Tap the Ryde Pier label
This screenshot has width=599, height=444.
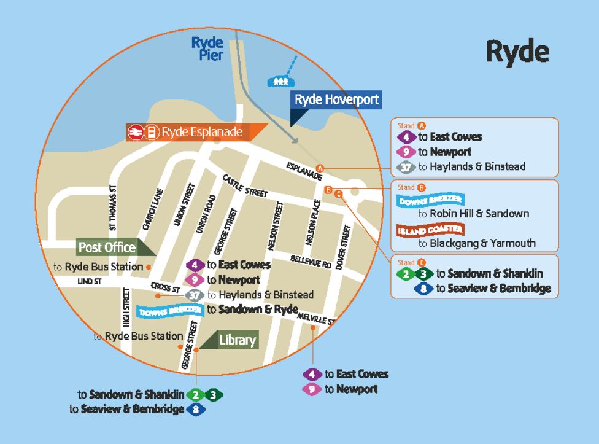pos(207,49)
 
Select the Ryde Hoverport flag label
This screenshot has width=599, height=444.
pos(336,99)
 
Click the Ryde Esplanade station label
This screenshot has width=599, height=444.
pos(201,132)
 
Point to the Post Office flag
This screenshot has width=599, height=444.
pos(107,247)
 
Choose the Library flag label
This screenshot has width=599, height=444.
pos(237,339)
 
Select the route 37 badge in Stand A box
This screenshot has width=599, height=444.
pos(406,166)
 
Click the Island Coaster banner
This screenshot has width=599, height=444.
pos(430,230)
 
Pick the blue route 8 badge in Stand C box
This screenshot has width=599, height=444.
pos(423,289)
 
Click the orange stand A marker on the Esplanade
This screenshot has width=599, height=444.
pos(319,168)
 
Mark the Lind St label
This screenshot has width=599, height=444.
pos(88,281)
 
